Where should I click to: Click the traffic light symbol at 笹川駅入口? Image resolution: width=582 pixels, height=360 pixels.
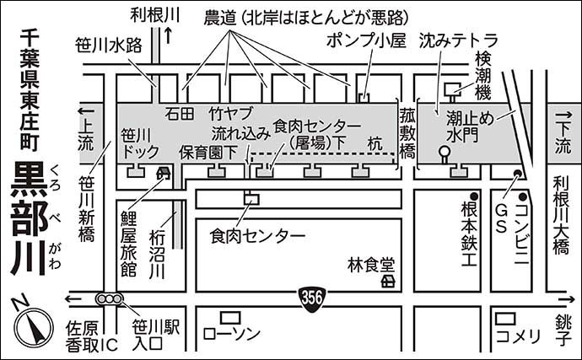coord(109,298)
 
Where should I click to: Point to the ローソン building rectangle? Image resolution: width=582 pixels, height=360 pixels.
coord(230,318)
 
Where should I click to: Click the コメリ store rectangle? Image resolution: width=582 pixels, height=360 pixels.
coord(506,319)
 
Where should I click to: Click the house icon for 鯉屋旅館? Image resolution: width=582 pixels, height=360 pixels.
coord(163,172)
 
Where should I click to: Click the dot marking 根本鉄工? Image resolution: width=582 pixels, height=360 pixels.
coord(474,196)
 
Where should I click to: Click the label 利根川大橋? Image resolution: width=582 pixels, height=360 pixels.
coord(561,215)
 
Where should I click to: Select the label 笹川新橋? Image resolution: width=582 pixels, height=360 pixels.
coord(86,209)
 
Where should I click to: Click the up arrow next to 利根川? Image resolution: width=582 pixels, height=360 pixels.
coord(168,35)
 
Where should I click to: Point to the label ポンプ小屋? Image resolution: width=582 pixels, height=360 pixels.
coord(366,40)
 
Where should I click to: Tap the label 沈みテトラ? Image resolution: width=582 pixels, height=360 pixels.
coord(458,40)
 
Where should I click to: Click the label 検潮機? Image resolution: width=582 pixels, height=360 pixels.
coord(483,76)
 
